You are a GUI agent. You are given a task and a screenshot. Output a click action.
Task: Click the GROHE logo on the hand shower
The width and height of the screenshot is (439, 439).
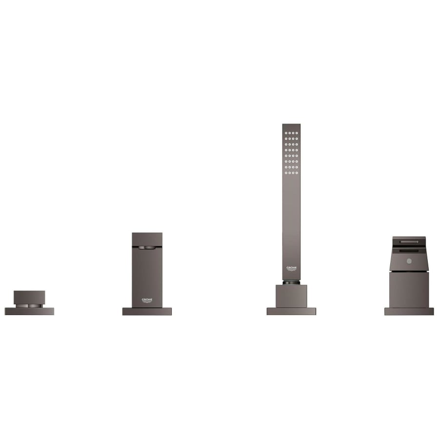pyautogui.click(x=291, y=269)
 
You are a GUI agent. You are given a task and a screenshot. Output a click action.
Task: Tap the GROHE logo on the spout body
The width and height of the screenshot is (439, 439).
pyautogui.click(x=147, y=300)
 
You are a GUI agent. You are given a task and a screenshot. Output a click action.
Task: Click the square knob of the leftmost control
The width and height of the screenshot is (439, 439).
pyautogui.click(x=29, y=297)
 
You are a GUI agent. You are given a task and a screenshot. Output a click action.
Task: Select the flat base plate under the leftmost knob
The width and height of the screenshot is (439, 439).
pyautogui.click(x=29, y=311)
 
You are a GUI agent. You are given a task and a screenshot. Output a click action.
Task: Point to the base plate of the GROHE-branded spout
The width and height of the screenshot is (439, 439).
pyautogui.click(x=147, y=311)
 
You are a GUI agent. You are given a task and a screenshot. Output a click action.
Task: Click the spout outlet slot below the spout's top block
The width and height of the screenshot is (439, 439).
pyautogui.click(x=147, y=248)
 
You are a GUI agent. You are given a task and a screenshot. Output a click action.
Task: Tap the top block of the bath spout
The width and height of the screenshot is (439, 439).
pyautogui.click(x=147, y=239)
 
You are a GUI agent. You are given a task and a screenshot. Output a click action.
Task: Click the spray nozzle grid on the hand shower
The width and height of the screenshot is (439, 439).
pyautogui.click(x=291, y=153)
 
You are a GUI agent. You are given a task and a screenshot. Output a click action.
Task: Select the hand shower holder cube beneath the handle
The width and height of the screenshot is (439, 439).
pyautogui.click(x=291, y=296)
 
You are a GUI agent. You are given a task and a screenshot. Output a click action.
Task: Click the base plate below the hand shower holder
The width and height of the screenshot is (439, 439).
pyautogui.click(x=291, y=311)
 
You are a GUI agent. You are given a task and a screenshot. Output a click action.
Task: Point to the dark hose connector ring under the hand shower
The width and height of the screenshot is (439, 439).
pyautogui.click(x=291, y=282)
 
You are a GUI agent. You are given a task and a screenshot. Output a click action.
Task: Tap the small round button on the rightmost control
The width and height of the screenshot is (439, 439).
pyautogui.click(x=409, y=261)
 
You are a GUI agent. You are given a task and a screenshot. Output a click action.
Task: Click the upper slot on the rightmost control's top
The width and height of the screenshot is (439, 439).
pyautogui.click(x=409, y=241)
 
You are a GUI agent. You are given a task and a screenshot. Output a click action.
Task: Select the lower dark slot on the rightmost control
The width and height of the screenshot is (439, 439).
pyautogui.click(x=409, y=250)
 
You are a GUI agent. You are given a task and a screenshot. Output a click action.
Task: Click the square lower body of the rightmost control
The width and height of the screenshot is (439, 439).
pyautogui.click(x=409, y=289)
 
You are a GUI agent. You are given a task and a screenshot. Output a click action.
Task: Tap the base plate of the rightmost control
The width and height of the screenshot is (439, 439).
pyautogui.click(x=409, y=311)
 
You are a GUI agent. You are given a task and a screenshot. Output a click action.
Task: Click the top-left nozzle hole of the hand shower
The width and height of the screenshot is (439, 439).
pyautogui.click(x=286, y=132)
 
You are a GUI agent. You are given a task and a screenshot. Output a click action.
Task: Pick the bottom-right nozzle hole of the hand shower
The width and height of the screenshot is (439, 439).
pyautogui.click(x=297, y=173)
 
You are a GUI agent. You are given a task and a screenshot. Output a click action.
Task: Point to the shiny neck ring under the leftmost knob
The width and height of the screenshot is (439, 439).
pyautogui.click(x=29, y=305)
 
